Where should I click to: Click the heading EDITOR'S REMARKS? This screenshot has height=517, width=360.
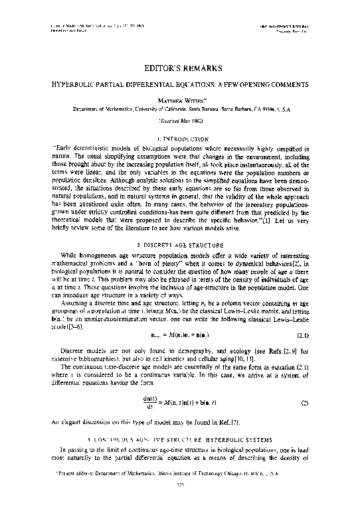[x=180, y=68]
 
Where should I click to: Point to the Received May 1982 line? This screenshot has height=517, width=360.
[x=180, y=122]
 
